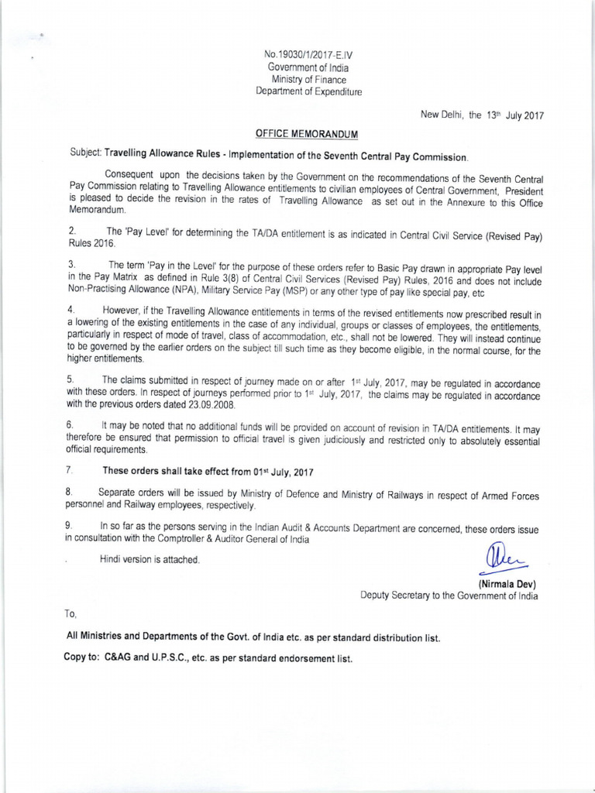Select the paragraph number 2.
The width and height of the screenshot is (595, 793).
(71, 231)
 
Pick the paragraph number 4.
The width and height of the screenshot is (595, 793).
(71, 310)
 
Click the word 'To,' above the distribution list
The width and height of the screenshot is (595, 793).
(71, 613)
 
